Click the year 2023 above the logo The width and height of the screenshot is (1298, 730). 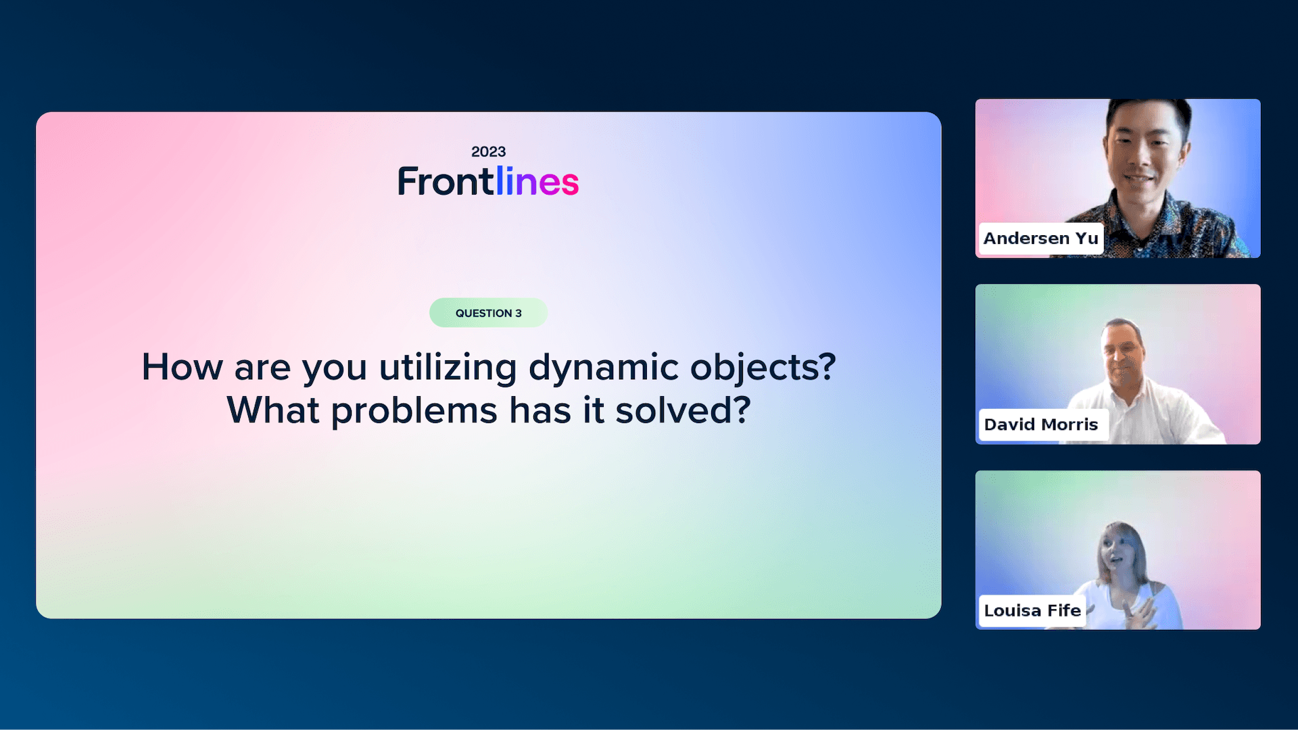(488, 151)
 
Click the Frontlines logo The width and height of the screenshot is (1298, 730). (488, 181)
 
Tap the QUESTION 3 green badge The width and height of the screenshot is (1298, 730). (488, 313)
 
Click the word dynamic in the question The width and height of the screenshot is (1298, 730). (604, 368)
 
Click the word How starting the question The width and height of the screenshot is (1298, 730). (182, 368)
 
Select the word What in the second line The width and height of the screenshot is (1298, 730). (272, 410)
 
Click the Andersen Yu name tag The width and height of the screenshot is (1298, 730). (1041, 239)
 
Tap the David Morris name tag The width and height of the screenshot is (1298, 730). (1041, 424)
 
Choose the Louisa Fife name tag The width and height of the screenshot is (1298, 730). (1032, 610)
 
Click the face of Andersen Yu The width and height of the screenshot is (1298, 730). (1142, 154)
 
